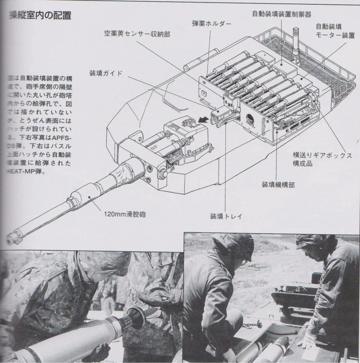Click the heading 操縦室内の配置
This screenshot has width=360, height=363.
pyautogui.click(x=36, y=17)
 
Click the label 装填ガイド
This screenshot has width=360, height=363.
pyautogui.click(x=106, y=73)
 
